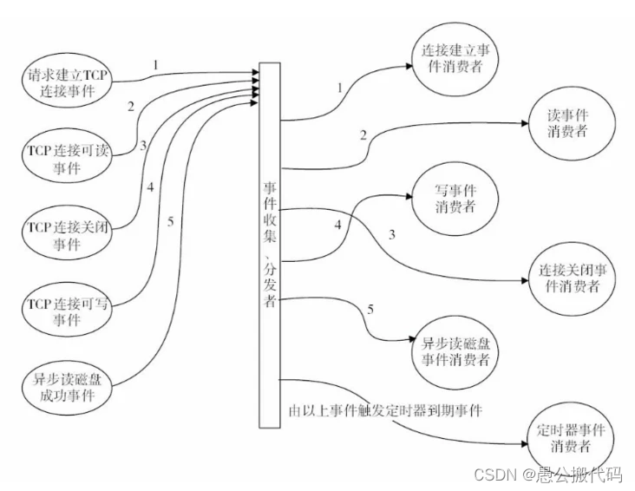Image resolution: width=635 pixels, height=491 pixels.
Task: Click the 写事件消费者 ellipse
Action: pyautogui.click(x=455, y=198)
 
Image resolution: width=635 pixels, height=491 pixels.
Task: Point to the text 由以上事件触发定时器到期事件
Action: pyautogui.click(x=384, y=410)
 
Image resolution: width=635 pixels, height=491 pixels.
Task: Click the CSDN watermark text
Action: pyautogui.click(x=547, y=474)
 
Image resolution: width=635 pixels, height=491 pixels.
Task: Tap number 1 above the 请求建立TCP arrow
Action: pyautogui.click(x=155, y=65)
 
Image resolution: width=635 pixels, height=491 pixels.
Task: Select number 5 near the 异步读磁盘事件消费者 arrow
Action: pyautogui.click(x=372, y=309)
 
